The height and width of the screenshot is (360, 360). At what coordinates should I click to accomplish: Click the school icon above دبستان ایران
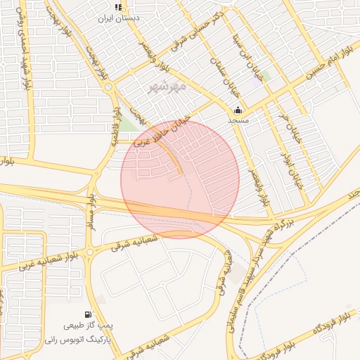click(x=118, y=6)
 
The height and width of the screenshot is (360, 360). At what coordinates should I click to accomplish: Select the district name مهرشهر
click(x=168, y=87)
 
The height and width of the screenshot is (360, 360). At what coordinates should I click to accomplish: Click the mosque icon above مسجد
click(x=238, y=110)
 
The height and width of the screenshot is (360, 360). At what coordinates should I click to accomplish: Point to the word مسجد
click(x=238, y=120)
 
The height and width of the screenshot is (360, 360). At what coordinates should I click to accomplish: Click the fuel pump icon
click(x=87, y=314)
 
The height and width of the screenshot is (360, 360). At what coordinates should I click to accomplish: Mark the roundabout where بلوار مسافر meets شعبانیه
click(x=90, y=251)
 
